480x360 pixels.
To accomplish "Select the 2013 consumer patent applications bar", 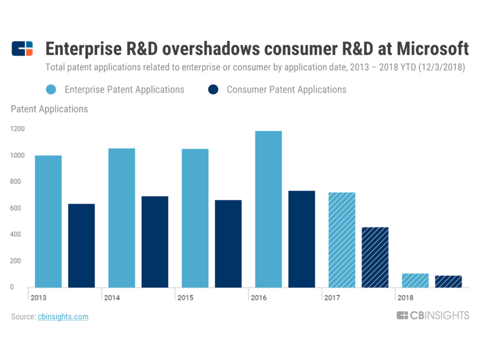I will coord(81,245).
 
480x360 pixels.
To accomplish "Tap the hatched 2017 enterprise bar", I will coord(341,239).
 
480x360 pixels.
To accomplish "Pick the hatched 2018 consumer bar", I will coord(448,281).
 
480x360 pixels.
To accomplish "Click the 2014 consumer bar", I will coord(155,242).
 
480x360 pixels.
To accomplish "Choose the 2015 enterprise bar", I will coord(195,218).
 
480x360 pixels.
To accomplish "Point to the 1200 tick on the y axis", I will coord(16,129).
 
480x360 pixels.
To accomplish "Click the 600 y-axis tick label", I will coord(16,208).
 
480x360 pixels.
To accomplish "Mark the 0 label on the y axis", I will coord(12,287).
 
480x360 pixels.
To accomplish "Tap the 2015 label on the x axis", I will coord(185,298).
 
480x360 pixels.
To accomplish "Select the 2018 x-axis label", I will coord(405,298).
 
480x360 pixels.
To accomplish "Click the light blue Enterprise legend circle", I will coord(51,89).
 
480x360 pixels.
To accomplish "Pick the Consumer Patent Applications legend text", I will coord(286,89).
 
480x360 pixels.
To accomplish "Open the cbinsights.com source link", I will coord(63,316).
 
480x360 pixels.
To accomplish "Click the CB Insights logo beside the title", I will coord(22,49).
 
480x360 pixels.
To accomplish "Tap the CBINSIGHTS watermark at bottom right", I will coord(433,315).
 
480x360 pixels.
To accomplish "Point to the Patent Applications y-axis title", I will coord(49,109).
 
